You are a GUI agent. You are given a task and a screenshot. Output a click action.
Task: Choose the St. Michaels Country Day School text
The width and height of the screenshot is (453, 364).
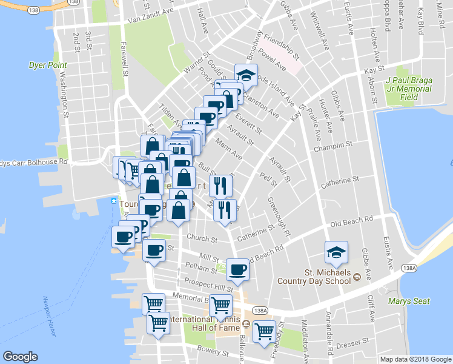click(x=314, y=276)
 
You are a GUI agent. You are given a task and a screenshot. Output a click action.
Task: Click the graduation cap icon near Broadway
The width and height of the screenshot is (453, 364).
click(x=246, y=75)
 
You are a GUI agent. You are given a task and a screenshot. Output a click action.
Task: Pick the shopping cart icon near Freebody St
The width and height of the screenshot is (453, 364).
click(x=265, y=331)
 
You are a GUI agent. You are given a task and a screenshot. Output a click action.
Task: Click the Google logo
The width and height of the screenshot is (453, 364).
click(x=20, y=357)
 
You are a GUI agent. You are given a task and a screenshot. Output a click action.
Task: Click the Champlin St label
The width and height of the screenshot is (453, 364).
click(x=332, y=147)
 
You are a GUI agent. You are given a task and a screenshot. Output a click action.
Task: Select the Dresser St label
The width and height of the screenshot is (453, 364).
click(x=349, y=344)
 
